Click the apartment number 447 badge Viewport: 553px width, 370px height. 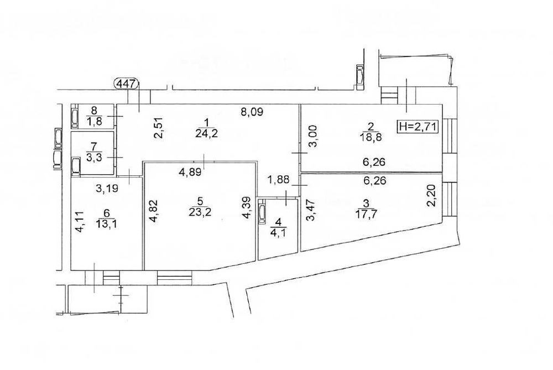[127, 84]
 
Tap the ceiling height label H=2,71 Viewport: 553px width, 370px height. [418, 126]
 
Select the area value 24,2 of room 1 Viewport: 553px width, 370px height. [207, 134]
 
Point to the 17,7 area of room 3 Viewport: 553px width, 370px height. [366, 215]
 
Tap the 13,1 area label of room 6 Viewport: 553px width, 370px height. [107, 224]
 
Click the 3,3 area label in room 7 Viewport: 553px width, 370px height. [94, 157]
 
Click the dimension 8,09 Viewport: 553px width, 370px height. [252, 112]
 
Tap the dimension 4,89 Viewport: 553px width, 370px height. [190, 173]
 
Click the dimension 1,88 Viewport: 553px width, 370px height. [278, 180]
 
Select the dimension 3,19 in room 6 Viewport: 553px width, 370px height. [107, 188]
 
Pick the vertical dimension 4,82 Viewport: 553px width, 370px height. [153, 211]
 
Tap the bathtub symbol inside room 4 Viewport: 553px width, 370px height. [262, 212]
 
